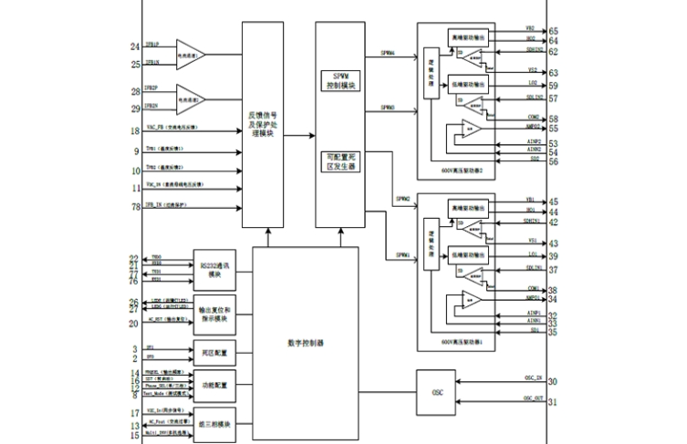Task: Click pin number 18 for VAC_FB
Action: [134, 131]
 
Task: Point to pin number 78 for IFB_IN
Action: [134, 207]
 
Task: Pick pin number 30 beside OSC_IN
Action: [554, 381]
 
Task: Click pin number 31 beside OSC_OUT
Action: [554, 403]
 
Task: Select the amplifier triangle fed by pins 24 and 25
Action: [190, 54]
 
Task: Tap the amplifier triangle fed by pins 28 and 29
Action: [190, 97]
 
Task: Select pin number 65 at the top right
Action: [554, 31]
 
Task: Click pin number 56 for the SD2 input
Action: [554, 161]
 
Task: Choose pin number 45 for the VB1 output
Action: [554, 201]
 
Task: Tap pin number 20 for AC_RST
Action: [134, 322]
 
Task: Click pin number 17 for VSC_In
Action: [134, 413]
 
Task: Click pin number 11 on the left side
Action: [134, 187]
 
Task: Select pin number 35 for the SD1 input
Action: [554, 334]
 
